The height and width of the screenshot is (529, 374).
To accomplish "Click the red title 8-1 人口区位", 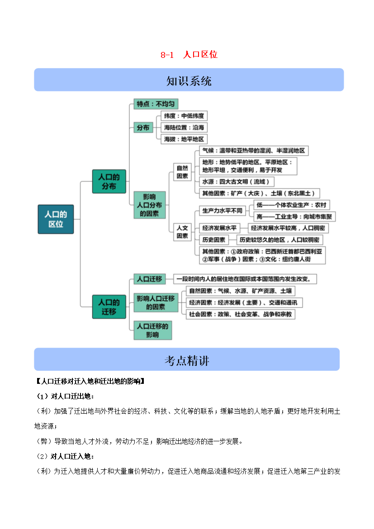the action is pos(189,54).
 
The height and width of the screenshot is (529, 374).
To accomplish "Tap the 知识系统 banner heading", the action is pos(189,80).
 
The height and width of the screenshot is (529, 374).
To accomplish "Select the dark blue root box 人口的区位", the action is pos(56,219).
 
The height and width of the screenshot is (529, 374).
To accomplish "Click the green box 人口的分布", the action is pos(109,181).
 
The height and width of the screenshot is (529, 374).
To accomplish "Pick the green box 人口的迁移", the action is pos(109,307).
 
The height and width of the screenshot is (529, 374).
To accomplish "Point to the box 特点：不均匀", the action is pos(156,104).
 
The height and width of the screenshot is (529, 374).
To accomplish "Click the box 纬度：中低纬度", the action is pos(184,116).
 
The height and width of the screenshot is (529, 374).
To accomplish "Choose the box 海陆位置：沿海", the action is pos(184,128).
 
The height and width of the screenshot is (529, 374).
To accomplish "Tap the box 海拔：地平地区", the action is pos(184,139).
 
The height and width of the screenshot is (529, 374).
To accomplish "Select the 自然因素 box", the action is pos(182,172).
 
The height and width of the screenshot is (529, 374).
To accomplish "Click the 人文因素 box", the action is pos(182,232).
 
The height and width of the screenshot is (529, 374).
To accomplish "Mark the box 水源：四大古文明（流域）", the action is pos(237,182).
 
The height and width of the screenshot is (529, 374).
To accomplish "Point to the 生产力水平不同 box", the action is pos(223,211).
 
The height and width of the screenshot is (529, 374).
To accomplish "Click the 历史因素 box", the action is pos(213,240).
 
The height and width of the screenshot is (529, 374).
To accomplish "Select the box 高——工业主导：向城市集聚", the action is pos(294,217).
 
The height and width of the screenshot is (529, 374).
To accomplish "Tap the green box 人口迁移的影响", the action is pos(152,331).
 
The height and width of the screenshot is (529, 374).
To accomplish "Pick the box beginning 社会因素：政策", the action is pos(240,314).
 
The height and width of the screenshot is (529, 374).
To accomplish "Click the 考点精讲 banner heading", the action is pos(187,361).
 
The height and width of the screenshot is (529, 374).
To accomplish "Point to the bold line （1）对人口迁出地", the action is pos(65,396).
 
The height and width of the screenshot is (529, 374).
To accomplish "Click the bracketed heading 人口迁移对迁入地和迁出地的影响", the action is pos(90,381).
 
